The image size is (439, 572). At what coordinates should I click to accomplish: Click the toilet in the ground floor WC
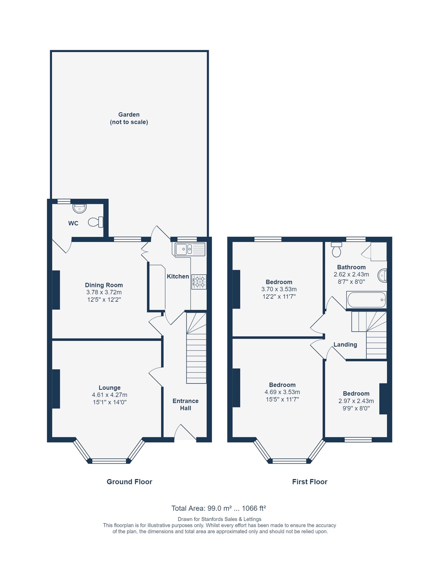point(95,222)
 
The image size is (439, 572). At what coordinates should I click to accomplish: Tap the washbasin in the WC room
point(79,208)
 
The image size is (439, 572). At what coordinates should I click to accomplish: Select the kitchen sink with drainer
point(190,249)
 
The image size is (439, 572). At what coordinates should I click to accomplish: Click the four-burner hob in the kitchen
point(199,282)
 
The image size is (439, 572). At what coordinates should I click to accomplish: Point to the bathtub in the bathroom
point(366,300)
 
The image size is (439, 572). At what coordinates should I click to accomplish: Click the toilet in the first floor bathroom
point(337,250)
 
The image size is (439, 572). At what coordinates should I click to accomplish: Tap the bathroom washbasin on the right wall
point(382,275)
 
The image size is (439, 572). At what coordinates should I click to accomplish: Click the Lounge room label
point(110,387)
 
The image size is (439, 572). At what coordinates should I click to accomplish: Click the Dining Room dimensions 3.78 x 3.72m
point(104,292)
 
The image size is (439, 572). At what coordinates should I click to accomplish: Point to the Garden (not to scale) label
point(129,118)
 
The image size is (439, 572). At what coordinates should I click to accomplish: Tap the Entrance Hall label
point(185,404)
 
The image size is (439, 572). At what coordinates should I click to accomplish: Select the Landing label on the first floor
point(345,344)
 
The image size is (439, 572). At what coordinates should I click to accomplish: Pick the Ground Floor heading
point(129,481)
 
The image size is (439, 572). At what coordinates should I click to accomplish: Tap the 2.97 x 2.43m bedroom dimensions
point(356,401)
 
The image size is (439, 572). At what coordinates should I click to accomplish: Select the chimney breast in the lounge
point(56,388)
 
